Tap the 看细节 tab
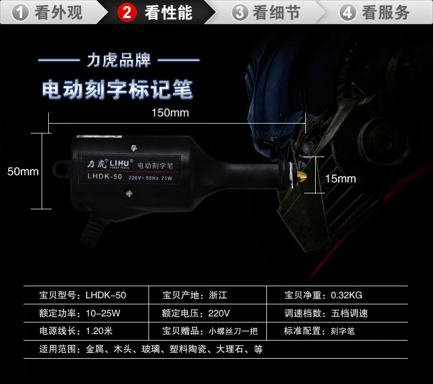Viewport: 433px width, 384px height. pyautogui.click(x=267, y=12)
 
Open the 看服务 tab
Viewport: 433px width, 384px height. pyautogui.click(x=375, y=12)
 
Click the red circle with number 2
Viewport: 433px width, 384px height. pyautogui.click(x=127, y=13)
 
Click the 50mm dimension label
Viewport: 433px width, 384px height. pyautogui.click(x=23, y=171)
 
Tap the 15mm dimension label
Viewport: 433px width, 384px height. pyautogui.click(x=340, y=179)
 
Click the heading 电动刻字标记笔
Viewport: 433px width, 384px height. pyautogui.click(x=118, y=90)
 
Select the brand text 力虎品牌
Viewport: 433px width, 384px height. pyautogui.click(x=118, y=60)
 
